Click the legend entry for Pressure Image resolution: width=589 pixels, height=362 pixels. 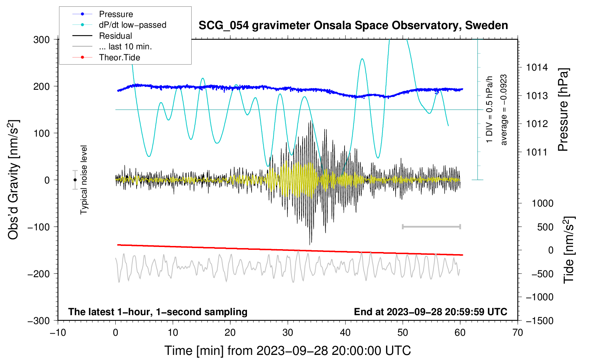point(103,14)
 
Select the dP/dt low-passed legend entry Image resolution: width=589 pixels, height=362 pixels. point(119,25)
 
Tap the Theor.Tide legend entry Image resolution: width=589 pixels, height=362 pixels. point(106,57)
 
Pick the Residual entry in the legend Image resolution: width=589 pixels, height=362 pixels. point(102,36)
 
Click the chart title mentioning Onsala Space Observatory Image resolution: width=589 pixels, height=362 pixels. point(353,25)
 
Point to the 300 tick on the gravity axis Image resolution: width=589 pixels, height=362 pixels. point(42,40)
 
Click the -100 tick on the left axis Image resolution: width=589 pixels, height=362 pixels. point(39,227)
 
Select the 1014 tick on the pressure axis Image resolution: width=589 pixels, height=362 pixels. point(537,68)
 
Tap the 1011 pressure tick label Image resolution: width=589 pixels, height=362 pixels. point(537,152)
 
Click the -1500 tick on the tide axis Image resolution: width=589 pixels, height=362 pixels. point(540,321)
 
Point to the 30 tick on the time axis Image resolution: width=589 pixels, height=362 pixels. point(288,333)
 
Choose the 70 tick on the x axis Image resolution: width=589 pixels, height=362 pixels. point(517,333)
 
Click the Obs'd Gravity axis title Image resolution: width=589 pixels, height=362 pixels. point(13,180)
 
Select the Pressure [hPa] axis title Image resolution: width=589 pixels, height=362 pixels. point(563,110)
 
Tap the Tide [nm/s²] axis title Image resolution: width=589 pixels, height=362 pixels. point(569,250)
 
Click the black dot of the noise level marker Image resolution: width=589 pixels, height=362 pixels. point(75,180)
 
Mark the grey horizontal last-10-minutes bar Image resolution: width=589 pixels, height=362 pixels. point(431,227)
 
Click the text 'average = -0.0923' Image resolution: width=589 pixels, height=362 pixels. point(503,110)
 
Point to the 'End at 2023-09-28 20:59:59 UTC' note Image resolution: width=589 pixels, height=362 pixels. point(430,312)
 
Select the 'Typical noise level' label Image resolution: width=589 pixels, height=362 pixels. point(84,180)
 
